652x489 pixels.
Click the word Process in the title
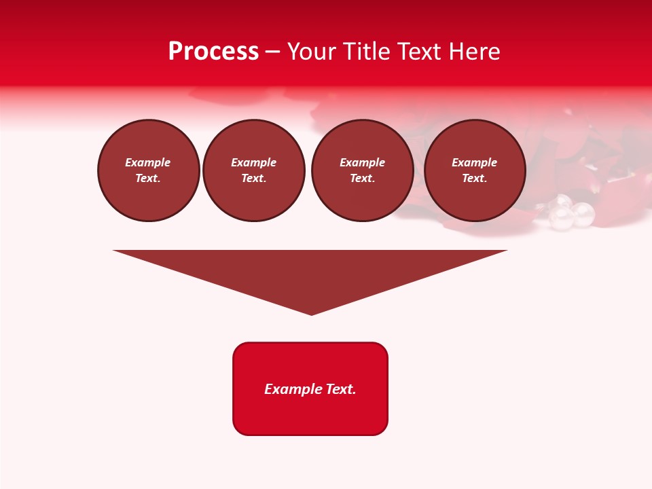pyautogui.click(x=213, y=52)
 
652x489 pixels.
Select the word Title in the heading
pyautogui.click(x=367, y=52)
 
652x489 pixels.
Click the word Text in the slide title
pyautogui.click(x=421, y=52)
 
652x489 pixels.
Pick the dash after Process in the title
pyautogui.click(x=273, y=52)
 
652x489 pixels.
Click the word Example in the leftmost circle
pyautogui.click(x=148, y=162)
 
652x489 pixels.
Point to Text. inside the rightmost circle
pyautogui.click(x=475, y=178)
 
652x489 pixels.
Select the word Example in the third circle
pyautogui.click(x=363, y=162)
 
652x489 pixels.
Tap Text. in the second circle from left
pyautogui.click(x=254, y=178)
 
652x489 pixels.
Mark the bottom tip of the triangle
pyautogui.click(x=311, y=314)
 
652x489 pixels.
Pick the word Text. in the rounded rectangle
pyautogui.click(x=341, y=389)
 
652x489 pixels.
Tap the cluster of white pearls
pyautogui.click(x=571, y=213)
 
